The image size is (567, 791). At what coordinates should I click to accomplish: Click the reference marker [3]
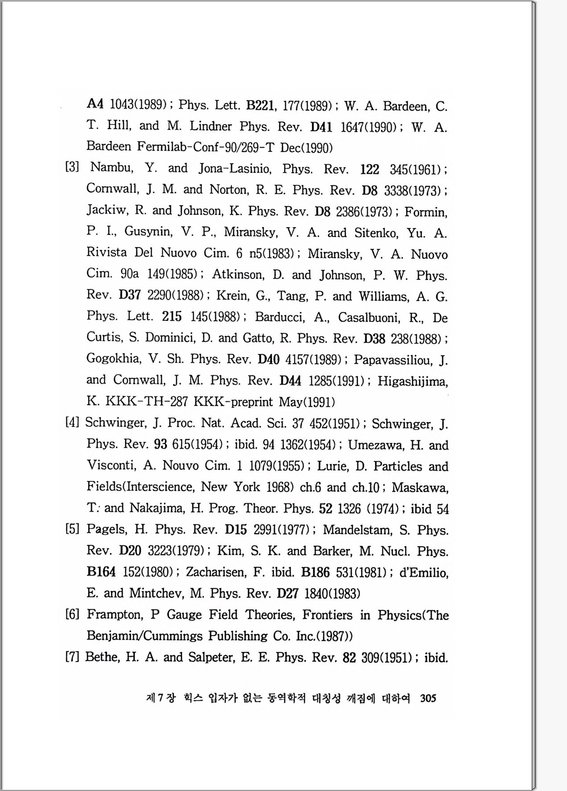(x=72, y=168)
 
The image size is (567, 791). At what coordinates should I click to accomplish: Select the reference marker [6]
(x=72, y=614)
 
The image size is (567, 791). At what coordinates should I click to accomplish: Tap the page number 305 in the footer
(x=428, y=698)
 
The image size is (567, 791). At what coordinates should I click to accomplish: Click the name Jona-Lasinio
(x=235, y=169)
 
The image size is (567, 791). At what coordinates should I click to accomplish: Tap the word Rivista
(x=106, y=253)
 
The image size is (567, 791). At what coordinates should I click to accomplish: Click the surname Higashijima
(x=413, y=381)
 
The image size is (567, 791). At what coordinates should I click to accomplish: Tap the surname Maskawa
(x=420, y=488)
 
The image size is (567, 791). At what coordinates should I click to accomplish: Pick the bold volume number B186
(x=315, y=572)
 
